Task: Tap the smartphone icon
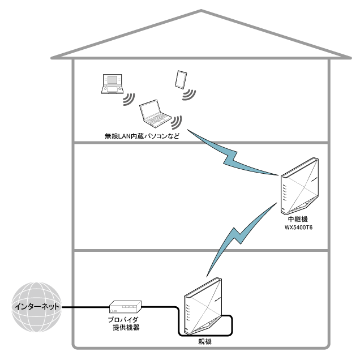[x=181, y=79]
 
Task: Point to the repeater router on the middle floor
[x=299, y=187]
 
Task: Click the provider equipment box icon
[x=125, y=307]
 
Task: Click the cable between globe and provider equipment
[x=85, y=307]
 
